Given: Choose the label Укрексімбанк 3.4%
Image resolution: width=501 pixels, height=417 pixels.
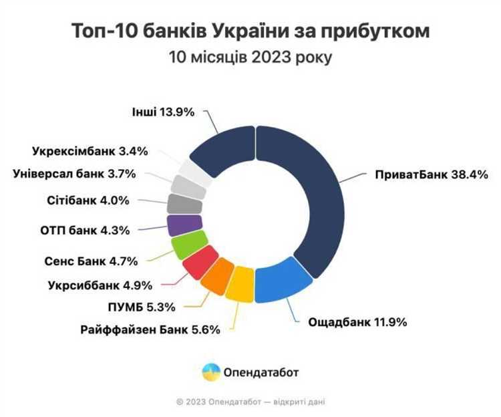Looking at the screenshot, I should [x=90, y=151].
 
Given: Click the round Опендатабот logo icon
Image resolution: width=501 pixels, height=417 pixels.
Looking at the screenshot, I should [x=211, y=371].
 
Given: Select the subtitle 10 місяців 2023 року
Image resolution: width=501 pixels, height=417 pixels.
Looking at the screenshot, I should [x=251, y=57].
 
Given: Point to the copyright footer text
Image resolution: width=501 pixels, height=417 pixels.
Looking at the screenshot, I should [x=251, y=402].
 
